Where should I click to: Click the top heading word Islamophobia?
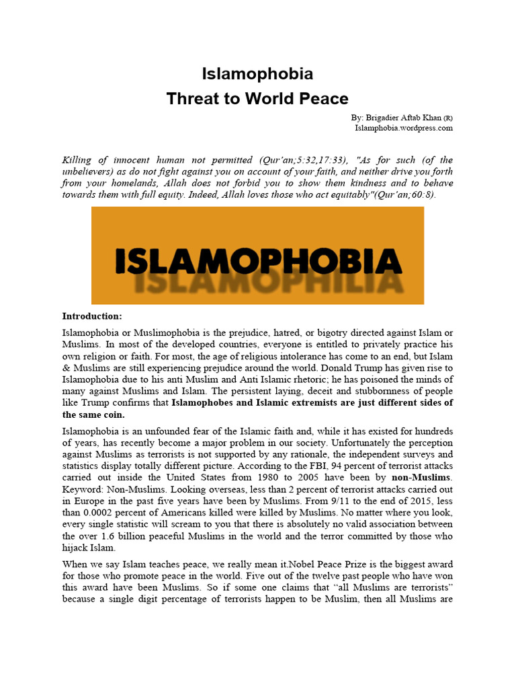click(x=258, y=73)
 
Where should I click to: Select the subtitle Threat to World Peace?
click(x=258, y=98)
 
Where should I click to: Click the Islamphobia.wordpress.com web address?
click(x=404, y=127)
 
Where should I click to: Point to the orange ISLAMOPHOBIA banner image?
click(x=258, y=256)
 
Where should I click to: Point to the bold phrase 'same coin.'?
click(x=93, y=414)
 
